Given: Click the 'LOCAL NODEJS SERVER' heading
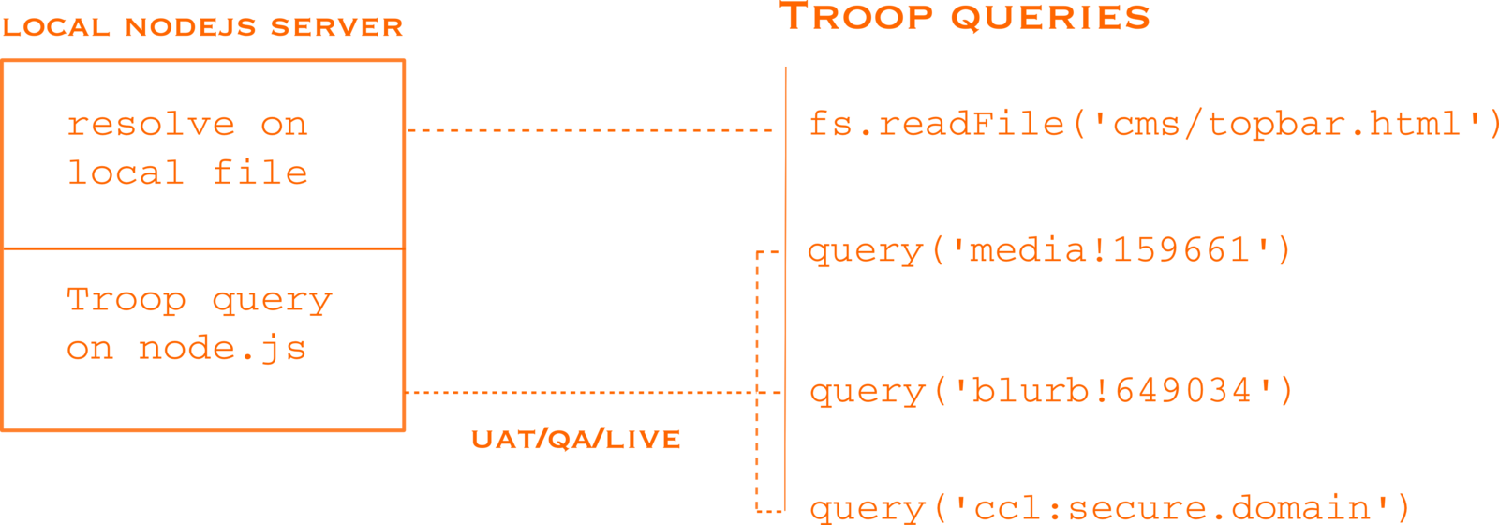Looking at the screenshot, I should click(202, 27).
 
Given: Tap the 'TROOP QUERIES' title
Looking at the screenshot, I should click(965, 18).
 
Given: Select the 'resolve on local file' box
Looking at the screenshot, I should click(203, 155).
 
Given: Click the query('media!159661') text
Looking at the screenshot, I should click(1049, 251).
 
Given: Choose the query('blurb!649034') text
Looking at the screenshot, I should click(1051, 390).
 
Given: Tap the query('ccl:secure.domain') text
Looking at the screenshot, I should click(1109, 508).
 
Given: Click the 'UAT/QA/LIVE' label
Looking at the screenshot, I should click(575, 440).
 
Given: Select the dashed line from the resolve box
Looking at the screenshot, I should click(590, 129).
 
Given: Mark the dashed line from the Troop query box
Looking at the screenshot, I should click(581, 393).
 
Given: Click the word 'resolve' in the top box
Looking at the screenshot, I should click(150, 125).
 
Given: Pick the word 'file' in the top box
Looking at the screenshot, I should click(260, 172).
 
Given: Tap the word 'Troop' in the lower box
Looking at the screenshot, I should click(126, 300).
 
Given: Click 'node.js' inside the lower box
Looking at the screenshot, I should click(222, 350).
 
